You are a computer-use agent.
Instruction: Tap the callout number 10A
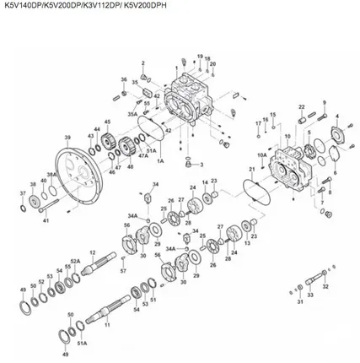coord(262,155)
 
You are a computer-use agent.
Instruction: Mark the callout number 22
coord(301,107)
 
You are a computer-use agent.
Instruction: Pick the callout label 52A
coord(75,262)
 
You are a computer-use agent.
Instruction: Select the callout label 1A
coord(159,160)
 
